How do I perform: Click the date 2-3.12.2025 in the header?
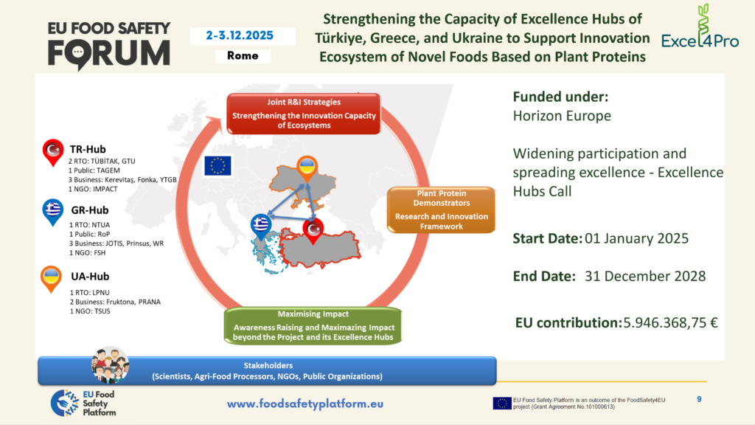coord(240,35)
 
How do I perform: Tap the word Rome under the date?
coord(243,56)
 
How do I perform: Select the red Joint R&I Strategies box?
coord(304,114)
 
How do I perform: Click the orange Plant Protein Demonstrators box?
coord(441,210)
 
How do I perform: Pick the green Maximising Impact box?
coord(313,325)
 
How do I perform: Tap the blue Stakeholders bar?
coord(267,370)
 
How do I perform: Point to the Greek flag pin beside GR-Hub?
coord(53,212)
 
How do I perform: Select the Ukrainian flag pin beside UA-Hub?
coord(51,279)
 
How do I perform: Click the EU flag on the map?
coord(218,165)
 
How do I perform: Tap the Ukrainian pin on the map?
coord(307,169)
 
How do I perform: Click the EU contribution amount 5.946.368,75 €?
coord(671,322)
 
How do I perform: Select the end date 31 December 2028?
coord(645,276)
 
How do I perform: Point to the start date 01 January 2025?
coord(636,238)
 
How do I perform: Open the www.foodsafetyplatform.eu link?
coord(305,404)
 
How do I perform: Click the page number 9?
coord(699,399)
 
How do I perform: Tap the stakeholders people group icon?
coord(111,364)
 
